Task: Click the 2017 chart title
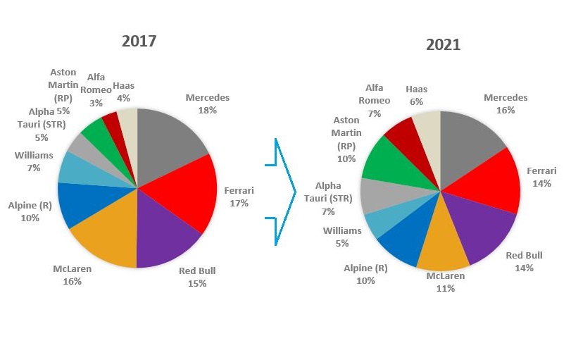(139, 41)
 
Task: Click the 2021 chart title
(443, 45)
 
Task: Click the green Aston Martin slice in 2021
(384, 159)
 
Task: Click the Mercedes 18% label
(208, 104)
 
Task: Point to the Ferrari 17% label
(238, 197)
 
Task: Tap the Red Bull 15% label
(196, 277)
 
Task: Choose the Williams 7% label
(33, 161)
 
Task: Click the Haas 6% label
(417, 95)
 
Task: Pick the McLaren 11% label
(445, 282)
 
